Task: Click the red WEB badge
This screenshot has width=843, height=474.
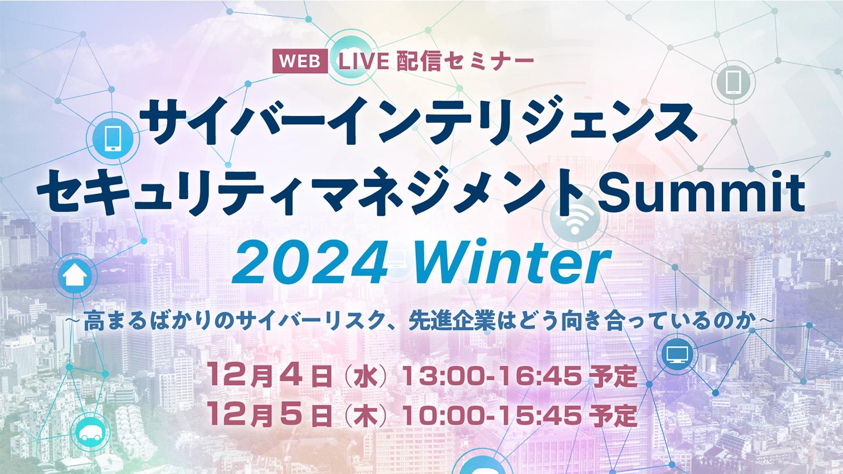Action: coord(300,61)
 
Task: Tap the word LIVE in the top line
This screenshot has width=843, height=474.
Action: coord(364,61)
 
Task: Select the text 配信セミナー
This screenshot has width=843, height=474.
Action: coord(466,61)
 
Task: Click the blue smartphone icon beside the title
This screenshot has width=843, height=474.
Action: coord(113,139)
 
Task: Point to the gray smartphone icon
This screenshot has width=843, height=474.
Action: coord(733,82)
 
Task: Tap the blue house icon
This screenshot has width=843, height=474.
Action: coord(74,276)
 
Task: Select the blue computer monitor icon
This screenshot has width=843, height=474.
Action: coord(677,354)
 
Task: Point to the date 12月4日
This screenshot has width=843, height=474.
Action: coord(270,376)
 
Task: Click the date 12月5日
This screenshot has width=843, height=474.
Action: coord(270,416)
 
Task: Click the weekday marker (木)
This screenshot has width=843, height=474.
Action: coord(366,416)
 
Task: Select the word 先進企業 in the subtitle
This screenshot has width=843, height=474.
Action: coord(452,322)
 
